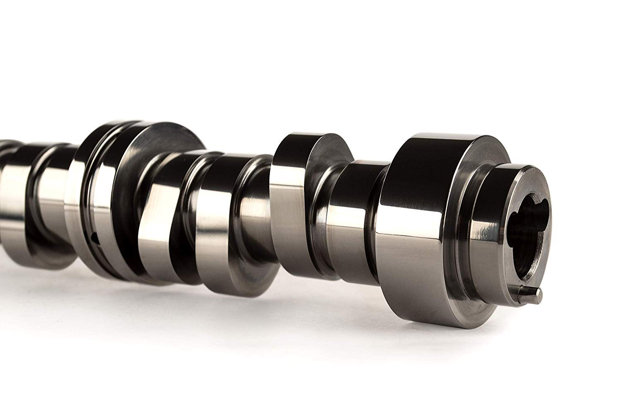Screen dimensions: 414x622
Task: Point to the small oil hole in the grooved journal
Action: (x=94, y=237)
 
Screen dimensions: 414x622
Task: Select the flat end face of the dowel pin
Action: (x=538, y=294)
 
